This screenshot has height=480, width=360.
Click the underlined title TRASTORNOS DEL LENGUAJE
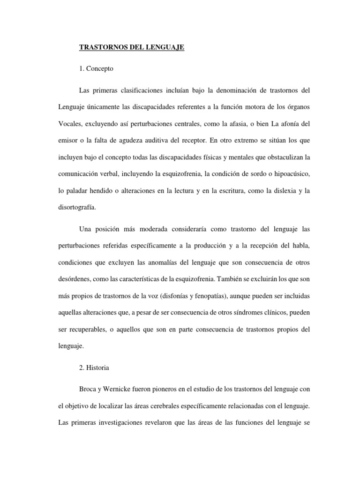pyautogui.click(x=132, y=48)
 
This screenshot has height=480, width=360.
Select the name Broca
pyautogui.click(x=90, y=389)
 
